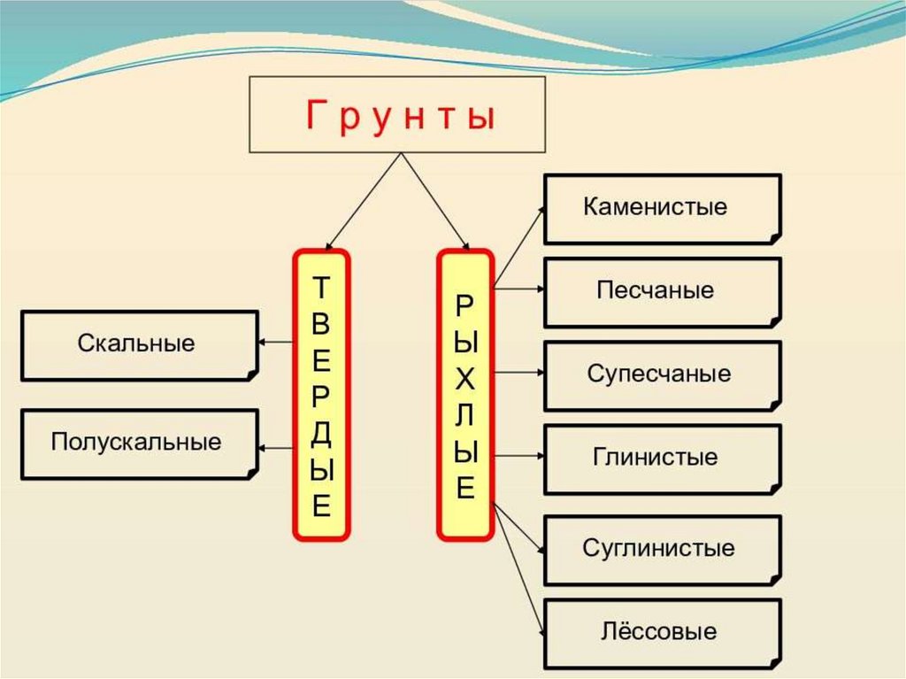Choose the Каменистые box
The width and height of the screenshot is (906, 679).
[662, 208]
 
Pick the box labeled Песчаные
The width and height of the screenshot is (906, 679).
[662, 291]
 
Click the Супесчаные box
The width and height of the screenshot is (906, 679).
[662, 374]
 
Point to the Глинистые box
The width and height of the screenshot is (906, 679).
[662, 458]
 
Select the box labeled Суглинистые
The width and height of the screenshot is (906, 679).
[662, 549]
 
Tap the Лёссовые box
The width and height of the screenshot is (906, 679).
[662, 632]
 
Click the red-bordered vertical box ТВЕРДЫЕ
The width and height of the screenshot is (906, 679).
[321, 395]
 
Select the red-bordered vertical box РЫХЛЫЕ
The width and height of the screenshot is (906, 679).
[465, 395]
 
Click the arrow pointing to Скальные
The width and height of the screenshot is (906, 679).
[276, 343]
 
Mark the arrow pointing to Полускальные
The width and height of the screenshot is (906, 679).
[276, 444]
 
